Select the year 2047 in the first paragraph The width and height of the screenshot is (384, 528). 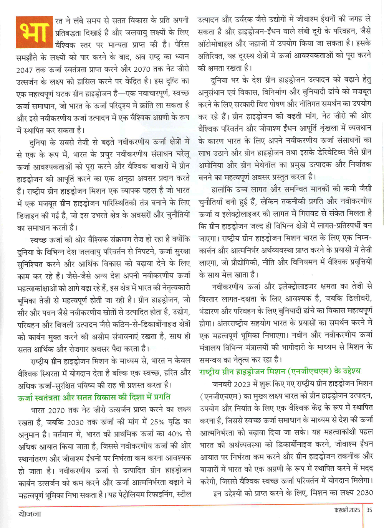(x=26, y=70)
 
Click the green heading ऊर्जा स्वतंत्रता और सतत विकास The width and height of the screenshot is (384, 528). (x=94, y=397)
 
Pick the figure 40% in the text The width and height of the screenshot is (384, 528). (x=175, y=434)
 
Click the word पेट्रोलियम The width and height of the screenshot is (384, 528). (x=134, y=495)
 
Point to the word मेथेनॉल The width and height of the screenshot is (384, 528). (x=276, y=164)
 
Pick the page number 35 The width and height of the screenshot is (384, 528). (x=369, y=510)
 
